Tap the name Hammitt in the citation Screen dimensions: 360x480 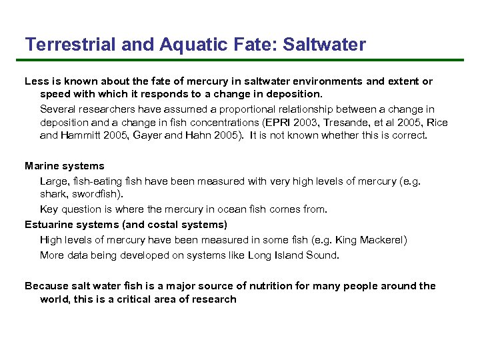[81, 135]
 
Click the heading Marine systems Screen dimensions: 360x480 [65, 165]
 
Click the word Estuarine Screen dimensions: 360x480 [49, 224]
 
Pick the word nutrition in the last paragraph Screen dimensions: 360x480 [270, 285]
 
